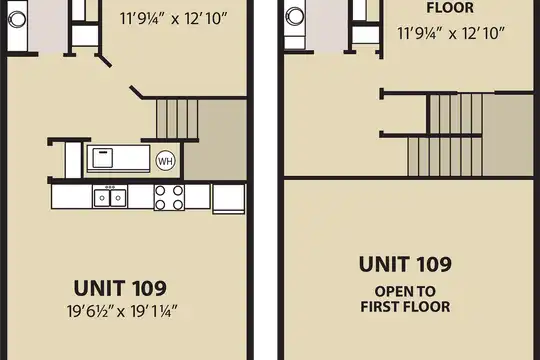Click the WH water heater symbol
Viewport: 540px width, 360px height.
click(166, 161)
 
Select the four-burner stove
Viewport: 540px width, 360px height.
click(169, 197)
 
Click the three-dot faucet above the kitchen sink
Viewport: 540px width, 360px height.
click(110, 187)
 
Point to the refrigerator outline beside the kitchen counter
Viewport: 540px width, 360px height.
click(229, 199)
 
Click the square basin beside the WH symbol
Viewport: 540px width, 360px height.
click(103, 158)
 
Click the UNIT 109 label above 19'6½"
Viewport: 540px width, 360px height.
click(120, 288)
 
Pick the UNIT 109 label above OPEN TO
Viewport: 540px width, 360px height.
click(405, 264)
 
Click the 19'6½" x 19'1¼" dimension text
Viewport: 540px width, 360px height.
click(122, 311)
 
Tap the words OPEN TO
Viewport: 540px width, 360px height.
click(405, 292)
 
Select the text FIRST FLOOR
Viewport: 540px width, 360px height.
click(405, 307)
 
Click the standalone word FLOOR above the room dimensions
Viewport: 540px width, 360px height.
click(450, 8)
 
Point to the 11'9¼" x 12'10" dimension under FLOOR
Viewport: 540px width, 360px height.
click(451, 33)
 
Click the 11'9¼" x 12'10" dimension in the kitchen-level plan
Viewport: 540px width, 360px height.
click(174, 19)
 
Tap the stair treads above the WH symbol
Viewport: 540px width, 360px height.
click(177, 119)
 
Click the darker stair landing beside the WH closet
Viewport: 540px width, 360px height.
click(215, 140)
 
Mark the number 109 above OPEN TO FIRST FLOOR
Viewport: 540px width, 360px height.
click(434, 264)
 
